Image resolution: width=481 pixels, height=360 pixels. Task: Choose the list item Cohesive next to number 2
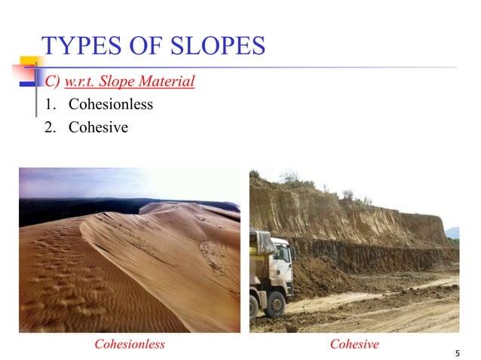[x=98, y=127]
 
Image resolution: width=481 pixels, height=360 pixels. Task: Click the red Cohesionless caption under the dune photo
[x=129, y=344]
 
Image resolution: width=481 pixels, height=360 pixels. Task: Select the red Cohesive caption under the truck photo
[x=354, y=344]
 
